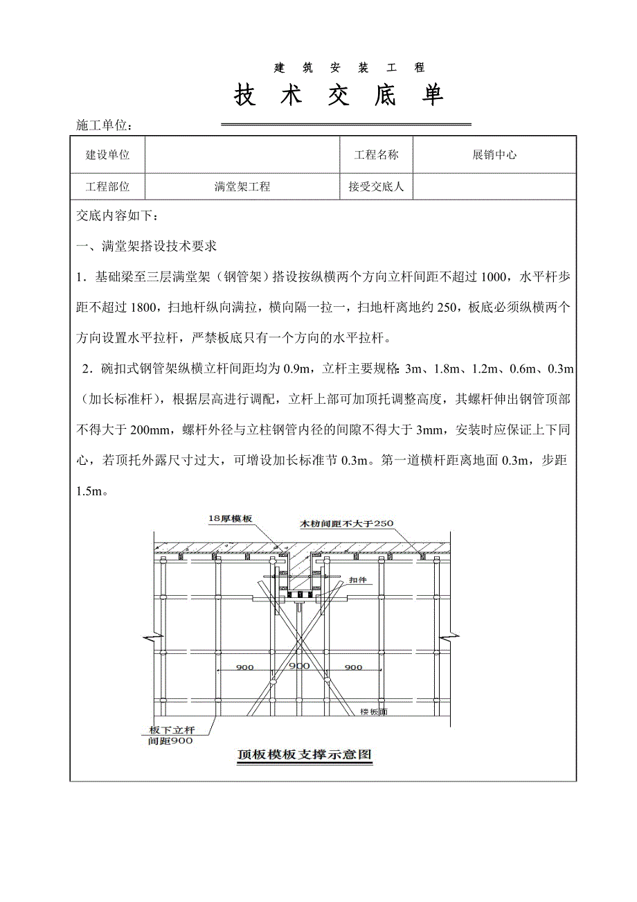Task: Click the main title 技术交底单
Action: pyautogui.click(x=339, y=96)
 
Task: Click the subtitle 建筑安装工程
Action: pyautogui.click(x=349, y=68)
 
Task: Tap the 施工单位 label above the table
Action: pyautogui.click(x=103, y=125)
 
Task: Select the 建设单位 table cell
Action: pyautogui.click(x=107, y=155)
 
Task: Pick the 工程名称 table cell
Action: pyautogui.click(x=376, y=155)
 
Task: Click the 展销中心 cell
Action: pyautogui.click(x=494, y=155)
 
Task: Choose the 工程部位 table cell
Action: pyautogui.click(x=107, y=186)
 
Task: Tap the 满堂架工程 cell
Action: pyautogui.click(x=242, y=186)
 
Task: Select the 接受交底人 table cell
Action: pyautogui.click(x=376, y=186)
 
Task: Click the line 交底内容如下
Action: pyautogui.click(x=118, y=216)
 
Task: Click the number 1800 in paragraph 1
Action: pyautogui.click(x=143, y=307)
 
